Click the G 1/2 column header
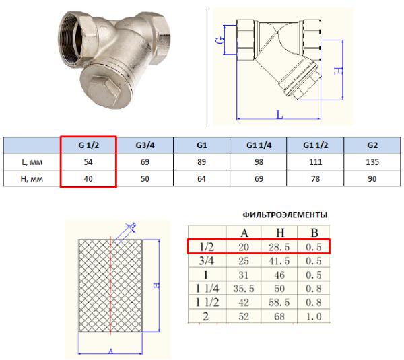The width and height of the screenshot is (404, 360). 88,145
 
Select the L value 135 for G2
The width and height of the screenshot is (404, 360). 372,162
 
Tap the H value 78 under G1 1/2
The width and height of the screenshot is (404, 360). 315,179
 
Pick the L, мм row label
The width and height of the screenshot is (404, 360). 32,162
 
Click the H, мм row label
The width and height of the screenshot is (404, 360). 32,179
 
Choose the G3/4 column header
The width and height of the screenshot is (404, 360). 145,145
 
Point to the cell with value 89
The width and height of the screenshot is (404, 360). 201,162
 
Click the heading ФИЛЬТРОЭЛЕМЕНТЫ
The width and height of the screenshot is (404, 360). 285,215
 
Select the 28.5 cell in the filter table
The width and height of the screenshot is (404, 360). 279,247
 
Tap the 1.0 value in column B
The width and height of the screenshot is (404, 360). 314,316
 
